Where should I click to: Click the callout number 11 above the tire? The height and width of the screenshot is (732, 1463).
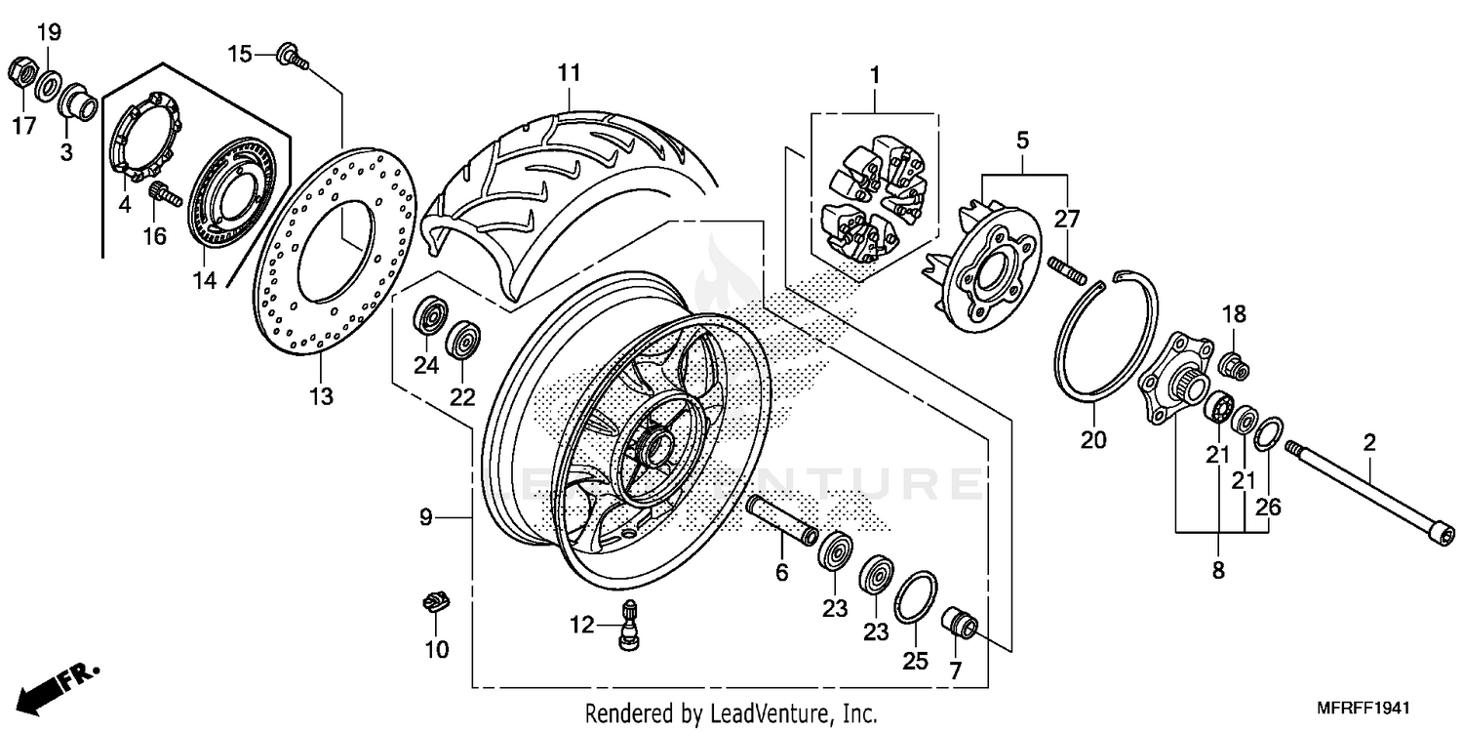point(569,73)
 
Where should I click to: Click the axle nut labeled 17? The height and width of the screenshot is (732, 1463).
point(20,72)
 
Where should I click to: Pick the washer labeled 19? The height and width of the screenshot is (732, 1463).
point(47,87)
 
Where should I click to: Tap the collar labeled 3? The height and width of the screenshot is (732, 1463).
point(76,102)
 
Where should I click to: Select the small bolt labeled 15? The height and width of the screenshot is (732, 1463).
point(291,56)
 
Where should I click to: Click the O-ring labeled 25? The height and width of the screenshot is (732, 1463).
point(916,596)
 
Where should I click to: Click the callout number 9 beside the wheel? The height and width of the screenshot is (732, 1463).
point(425,517)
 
